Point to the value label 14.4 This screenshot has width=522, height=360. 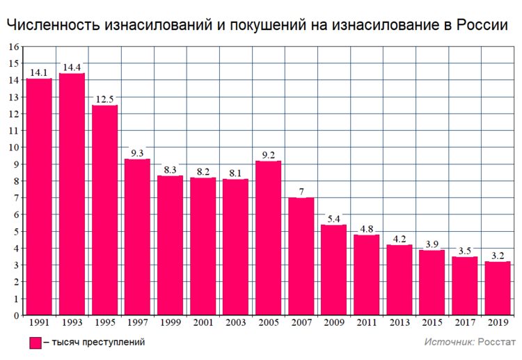(x=72, y=68)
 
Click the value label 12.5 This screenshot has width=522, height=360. (x=104, y=99)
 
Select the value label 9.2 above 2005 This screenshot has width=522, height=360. (x=268, y=155)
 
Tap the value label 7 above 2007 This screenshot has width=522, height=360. (x=301, y=191)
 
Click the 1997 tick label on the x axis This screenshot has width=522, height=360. (x=137, y=323)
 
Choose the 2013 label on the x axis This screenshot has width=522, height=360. (x=399, y=323)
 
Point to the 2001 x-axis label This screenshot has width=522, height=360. (x=203, y=323)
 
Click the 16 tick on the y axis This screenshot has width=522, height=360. (x=13, y=47)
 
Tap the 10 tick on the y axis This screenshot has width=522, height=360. (x=13, y=148)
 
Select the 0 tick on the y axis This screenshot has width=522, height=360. (x=16, y=315)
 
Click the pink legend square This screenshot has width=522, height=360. (x=35, y=343)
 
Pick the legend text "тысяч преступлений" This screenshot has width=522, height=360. (x=98, y=343)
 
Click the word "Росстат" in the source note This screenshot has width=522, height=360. (x=497, y=343)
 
